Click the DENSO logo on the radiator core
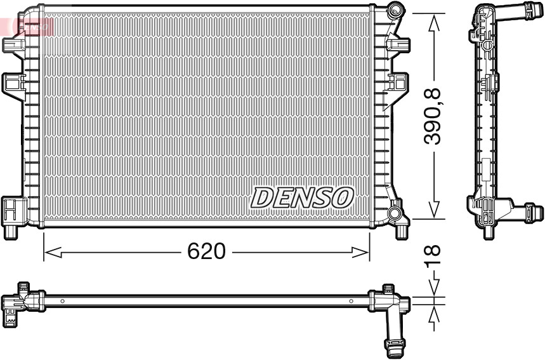(301, 197)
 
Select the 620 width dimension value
(206, 251)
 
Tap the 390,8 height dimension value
(434, 117)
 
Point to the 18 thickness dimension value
(434, 257)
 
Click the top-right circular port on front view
(396, 10)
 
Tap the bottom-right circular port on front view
(396, 213)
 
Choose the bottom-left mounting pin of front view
(11, 231)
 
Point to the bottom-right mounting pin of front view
(402, 231)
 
